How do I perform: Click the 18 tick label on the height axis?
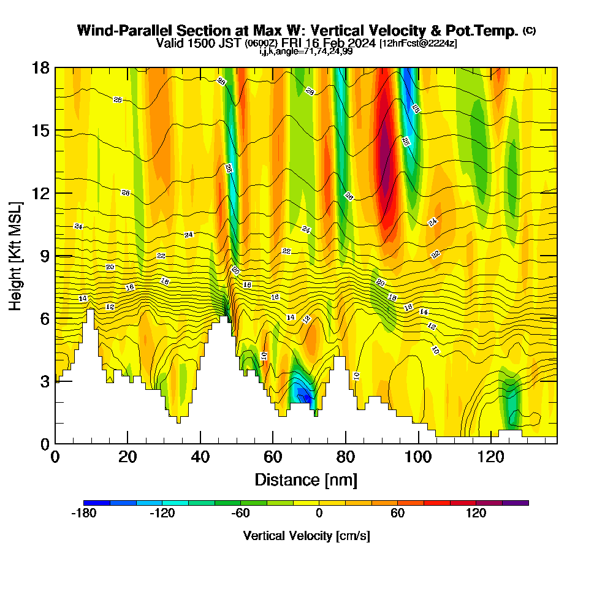click(x=40, y=67)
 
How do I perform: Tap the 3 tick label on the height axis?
click(x=44, y=381)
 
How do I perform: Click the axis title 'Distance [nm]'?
click(x=306, y=479)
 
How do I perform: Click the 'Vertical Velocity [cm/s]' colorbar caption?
click(x=306, y=536)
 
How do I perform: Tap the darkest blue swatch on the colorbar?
click(x=97, y=503)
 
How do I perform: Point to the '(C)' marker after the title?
click(x=529, y=31)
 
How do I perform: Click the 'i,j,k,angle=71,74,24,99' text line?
click(x=306, y=51)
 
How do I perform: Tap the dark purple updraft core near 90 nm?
click(x=385, y=153)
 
